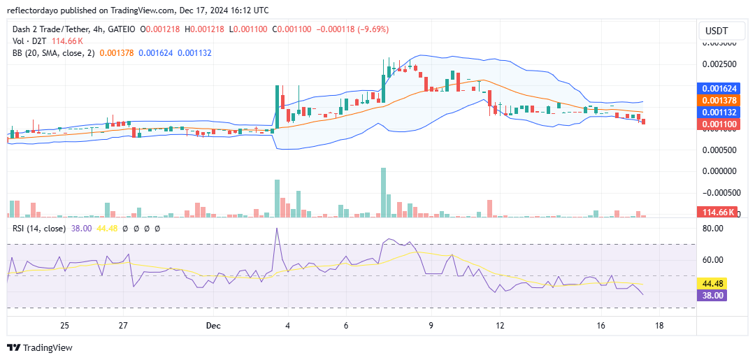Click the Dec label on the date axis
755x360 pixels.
pyautogui.click(x=213, y=326)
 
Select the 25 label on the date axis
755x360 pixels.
pyautogui.click(x=64, y=326)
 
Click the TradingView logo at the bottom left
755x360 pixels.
pyautogui.click(x=40, y=347)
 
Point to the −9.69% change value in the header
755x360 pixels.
pyautogui.click(x=374, y=29)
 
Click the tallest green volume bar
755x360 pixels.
pyautogui.click(x=383, y=192)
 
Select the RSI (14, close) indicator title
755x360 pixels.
pyautogui.click(x=41, y=228)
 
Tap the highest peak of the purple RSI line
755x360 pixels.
pyautogui.click(x=278, y=229)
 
